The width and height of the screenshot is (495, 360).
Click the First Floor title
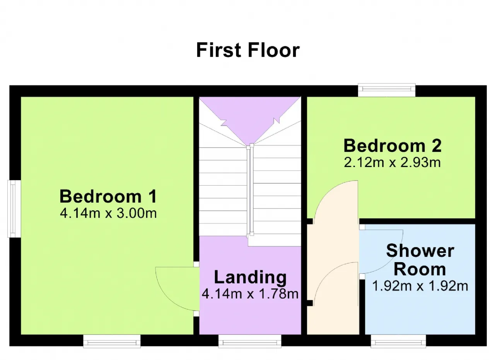(248, 50)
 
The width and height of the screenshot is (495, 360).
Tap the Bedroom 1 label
(108, 196)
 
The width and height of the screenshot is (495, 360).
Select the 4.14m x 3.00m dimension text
(108, 213)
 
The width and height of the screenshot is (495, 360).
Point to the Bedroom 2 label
(393, 146)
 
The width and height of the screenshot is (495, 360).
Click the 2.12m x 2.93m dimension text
(392, 162)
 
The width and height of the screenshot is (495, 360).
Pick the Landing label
(250, 278)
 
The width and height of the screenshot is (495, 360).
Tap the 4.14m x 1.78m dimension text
(250, 294)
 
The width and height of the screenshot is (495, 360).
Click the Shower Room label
(420, 260)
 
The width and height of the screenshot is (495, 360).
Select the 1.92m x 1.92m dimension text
(420, 286)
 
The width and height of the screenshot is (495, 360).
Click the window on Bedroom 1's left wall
(14, 209)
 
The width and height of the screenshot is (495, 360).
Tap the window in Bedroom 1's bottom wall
(112, 341)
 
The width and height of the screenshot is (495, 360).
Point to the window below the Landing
(250, 341)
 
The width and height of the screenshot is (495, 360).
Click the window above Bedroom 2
(387, 90)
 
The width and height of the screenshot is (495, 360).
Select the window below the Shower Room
(398, 341)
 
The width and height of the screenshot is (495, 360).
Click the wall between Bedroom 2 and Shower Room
(417, 221)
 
